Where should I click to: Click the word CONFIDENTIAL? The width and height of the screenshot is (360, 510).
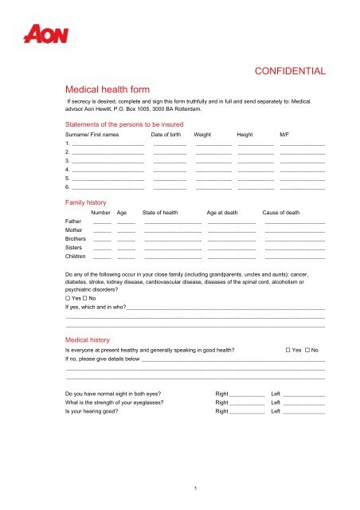pyautogui.click(x=289, y=72)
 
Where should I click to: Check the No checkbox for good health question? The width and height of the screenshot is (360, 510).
pyautogui.click(x=307, y=351)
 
